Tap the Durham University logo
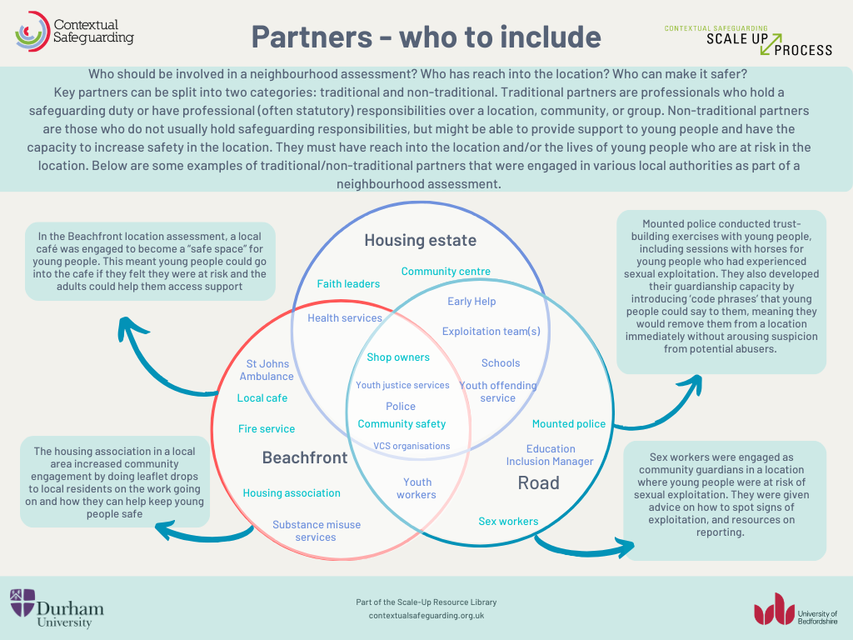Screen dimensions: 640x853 [x=57, y=607]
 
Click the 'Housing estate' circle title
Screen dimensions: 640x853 [x=420, y=241]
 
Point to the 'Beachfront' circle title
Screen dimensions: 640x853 [x=305, y=457]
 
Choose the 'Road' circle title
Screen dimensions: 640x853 [x=538, y=482]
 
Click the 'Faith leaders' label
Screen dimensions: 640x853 [x=348, y=284]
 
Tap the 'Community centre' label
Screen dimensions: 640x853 [x=446, y=272]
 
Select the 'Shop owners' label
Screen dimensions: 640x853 [x=398, y=357]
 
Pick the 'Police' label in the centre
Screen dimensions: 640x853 [x=401, y=407]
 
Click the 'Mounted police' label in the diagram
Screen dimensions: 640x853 [x=569, y=424]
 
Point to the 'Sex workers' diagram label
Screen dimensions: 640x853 [x=508, y=522]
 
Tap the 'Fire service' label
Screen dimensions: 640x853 [x=267, y=429]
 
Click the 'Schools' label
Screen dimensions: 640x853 [x=501, y=363]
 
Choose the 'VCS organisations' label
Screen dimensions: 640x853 [x=412, y=446]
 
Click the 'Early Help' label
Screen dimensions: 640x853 [x=471, y=302]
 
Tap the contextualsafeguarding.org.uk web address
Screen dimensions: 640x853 [x=426, y=615]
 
